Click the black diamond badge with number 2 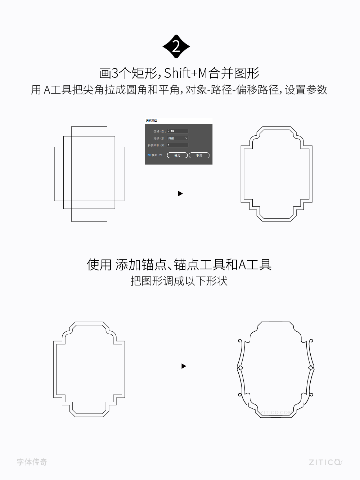coord(176,47)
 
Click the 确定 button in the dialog coord(177,155)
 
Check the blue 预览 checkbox coord(149,155)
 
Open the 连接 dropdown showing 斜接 coord(178,138)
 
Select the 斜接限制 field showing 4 coord(177,145)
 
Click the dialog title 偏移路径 coord(151,120)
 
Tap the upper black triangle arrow coord(180,194)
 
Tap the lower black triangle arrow coord(184,366)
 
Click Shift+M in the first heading coord(186,73)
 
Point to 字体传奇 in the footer coord(32,462)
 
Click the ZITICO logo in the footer coord(325,462)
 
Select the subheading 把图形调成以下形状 coord(179,281)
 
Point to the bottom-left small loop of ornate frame coord(240,395)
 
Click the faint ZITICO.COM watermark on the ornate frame coord(276,412)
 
